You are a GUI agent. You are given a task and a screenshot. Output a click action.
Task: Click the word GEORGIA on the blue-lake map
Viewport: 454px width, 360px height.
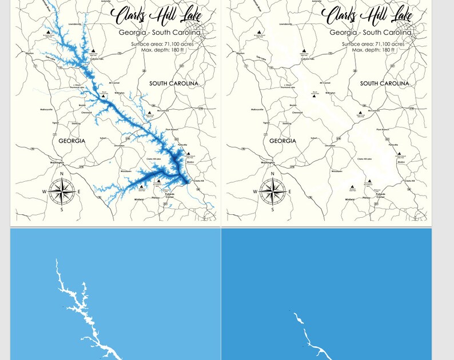[x=72, y=141]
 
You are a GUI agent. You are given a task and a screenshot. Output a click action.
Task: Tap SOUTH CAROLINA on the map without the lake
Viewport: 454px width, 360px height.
[x=385, y=83]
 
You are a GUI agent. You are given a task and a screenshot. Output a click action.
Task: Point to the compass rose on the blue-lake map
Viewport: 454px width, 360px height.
[x=62, y=191]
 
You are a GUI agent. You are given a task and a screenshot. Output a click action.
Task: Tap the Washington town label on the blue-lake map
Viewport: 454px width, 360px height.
[x=57, y=163]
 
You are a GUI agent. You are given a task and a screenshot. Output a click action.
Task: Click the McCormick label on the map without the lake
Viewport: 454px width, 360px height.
[x=374, y=111]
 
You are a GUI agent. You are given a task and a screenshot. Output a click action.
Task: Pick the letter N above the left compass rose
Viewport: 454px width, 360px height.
[x=62, y=174]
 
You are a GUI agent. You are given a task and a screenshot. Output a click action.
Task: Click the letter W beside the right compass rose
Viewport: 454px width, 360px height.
[x=255, y=192]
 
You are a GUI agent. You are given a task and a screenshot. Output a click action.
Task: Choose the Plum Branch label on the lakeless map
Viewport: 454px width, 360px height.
[x=383, y=130]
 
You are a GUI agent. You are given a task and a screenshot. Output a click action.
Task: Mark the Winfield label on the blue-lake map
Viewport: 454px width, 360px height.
[x=139, y=199]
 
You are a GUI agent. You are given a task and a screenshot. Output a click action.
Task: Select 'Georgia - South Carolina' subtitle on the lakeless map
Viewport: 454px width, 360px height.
[x=370, y=33]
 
